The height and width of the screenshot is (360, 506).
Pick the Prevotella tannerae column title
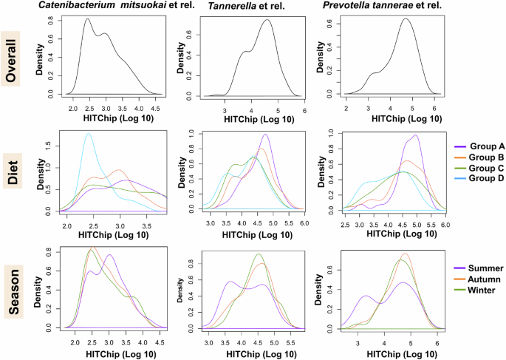pos(386,7)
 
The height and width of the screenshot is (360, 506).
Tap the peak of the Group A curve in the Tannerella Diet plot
pos(265,135)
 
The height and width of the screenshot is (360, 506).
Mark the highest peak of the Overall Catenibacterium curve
pos(87,19)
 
